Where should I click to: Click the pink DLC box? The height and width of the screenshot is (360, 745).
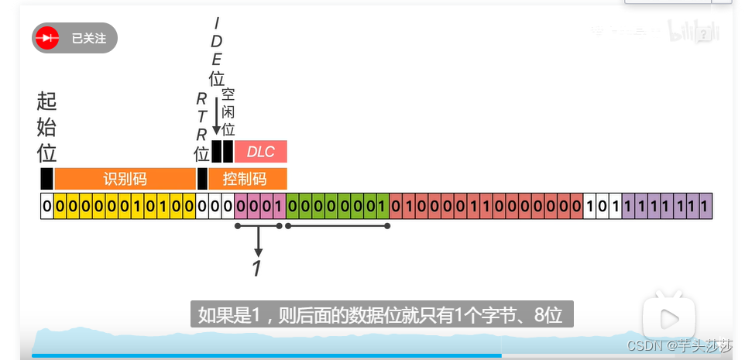click(261, 152)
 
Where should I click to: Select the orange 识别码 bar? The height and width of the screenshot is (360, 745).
click(125, 179)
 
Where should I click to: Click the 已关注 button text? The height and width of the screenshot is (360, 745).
click(88, 38)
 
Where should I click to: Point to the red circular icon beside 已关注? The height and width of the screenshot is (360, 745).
click(49, 38)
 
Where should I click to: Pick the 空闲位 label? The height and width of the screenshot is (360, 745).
click(228, 113)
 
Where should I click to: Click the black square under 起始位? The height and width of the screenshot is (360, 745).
click(46, 179)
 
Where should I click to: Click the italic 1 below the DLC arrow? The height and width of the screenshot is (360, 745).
click(258, 269)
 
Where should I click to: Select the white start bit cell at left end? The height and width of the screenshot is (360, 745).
click(47, 207)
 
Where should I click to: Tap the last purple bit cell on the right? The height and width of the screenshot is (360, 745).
click(704, 207)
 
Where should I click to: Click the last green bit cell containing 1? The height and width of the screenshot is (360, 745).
click(383, 207)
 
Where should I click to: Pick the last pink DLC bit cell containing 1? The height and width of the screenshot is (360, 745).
click(279, 207)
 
